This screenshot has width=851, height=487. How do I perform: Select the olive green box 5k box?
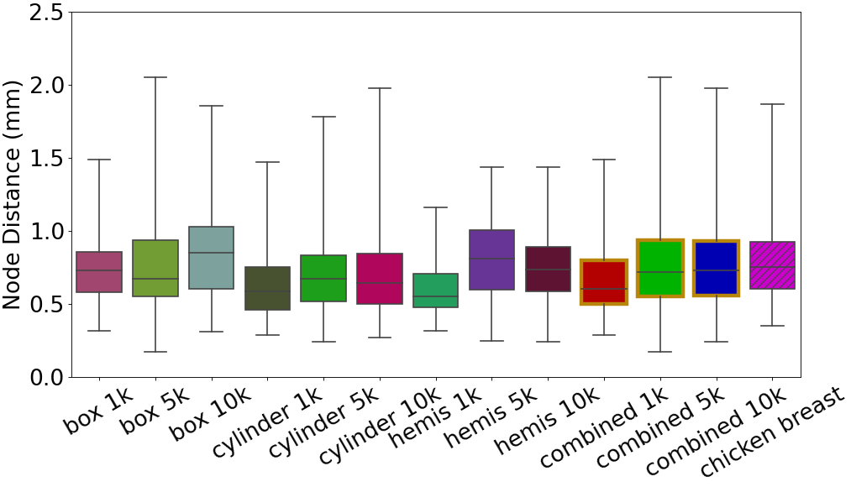coord(155,268)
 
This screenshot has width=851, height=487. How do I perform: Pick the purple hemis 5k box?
coord(491,259)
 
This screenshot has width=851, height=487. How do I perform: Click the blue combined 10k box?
coord(716,268)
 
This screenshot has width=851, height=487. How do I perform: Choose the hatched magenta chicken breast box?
coord(772,265)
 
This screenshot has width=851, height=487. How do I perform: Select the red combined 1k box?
coord(603,282)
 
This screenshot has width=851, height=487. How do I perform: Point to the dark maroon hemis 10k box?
coord(548,269)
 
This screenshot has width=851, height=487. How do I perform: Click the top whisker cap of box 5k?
coord(155,77)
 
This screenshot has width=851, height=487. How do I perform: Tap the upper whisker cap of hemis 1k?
coord(435,207)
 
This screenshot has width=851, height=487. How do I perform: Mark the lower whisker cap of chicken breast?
coord(772,326)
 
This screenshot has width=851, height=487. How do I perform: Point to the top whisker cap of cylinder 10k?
coord(380,88)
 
